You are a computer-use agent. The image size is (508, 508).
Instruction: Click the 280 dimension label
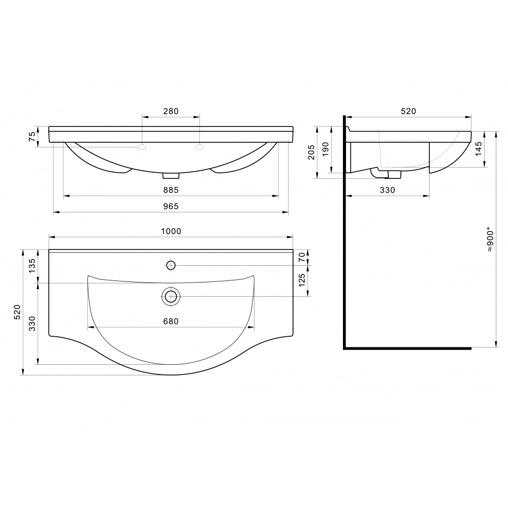(x=171, y=111)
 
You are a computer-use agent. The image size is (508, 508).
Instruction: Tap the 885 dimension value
(x=171, y=190)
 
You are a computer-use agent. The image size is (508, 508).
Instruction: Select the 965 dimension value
(x=171, y=206)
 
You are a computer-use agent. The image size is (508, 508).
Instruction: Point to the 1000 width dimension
(x=171, y=231)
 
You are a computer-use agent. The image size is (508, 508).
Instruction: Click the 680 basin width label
(x=171, y=322)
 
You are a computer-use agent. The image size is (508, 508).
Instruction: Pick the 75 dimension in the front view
(x=31, y=137)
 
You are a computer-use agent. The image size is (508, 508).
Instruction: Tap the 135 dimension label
(x=31, y=266)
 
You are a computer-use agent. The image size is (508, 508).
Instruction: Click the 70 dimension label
(x=302, y=257)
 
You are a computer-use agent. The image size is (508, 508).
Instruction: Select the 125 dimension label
(x=302, y=280)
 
